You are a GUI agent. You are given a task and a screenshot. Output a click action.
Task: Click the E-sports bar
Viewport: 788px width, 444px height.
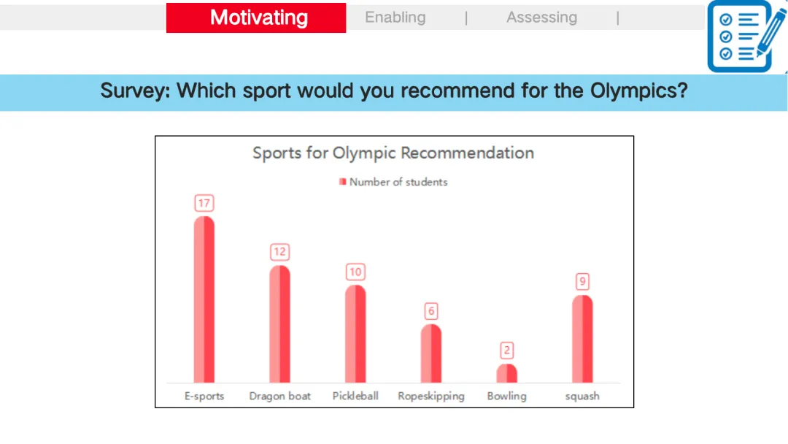tap(204, 299)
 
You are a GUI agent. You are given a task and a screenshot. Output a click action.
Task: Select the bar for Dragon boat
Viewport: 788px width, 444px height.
tap(280, 324)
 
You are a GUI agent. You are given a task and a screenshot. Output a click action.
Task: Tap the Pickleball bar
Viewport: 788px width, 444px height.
tap(355, 334)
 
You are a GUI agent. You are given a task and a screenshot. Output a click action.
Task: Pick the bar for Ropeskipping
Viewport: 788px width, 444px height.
tap(431, 353)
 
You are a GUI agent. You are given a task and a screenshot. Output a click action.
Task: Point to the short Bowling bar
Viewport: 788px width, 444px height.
tap(506, 374)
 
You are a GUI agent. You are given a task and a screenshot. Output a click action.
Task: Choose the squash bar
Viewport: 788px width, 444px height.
tap(582, 339)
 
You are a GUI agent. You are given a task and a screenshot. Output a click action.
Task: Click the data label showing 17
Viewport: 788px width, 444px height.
tap(204, 203)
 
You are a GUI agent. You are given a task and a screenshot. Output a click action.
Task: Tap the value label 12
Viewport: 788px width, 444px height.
tap(280, 252)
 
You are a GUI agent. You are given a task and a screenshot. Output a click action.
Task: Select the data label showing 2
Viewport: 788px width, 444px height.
tap(506, 351)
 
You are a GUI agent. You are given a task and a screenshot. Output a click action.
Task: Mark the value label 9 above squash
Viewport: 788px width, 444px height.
tap(582, 282)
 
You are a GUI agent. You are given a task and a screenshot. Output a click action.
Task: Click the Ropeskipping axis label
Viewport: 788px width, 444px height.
tap(431, 397)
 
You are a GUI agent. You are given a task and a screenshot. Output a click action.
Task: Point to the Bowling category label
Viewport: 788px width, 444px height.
tap(506, 397)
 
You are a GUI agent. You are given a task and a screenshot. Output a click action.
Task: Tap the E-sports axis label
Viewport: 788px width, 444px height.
tap(204, 397)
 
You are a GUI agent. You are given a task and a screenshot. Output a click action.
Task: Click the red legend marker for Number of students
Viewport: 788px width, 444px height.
tap(343, 182)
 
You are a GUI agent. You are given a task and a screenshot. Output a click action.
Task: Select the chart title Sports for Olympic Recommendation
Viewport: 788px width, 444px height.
tap(393, 153)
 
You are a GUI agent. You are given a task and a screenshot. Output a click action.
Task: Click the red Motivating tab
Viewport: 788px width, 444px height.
tap(256, 18)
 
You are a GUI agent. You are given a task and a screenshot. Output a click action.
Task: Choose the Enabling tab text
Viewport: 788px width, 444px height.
tap(395, 18)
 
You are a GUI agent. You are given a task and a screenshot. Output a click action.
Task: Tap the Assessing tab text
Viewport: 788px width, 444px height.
tap(541, 18)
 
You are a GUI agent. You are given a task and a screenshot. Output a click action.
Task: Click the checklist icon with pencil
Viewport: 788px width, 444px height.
tap(747, 37)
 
